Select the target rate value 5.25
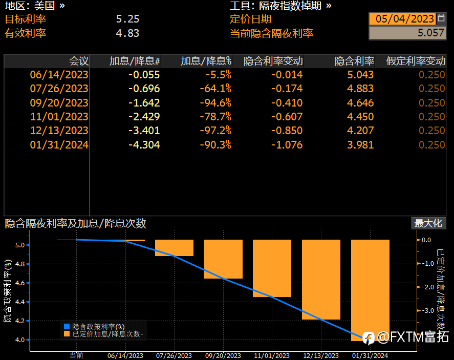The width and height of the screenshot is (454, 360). [x=127, y=19]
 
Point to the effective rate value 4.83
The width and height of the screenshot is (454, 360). [x=127, y=33]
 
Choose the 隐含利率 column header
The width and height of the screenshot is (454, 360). [x=354, y=61]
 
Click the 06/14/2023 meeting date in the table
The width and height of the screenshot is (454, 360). [x=59, y=75]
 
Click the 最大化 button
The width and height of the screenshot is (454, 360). [x=428, y=223]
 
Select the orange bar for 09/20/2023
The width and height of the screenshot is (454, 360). [x=223, y=259]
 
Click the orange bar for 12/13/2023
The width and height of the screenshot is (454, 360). [x=321, y=279]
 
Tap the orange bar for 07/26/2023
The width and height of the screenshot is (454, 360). [x=174, y=248]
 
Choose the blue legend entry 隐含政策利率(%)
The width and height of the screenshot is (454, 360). [x=98, y=326]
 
